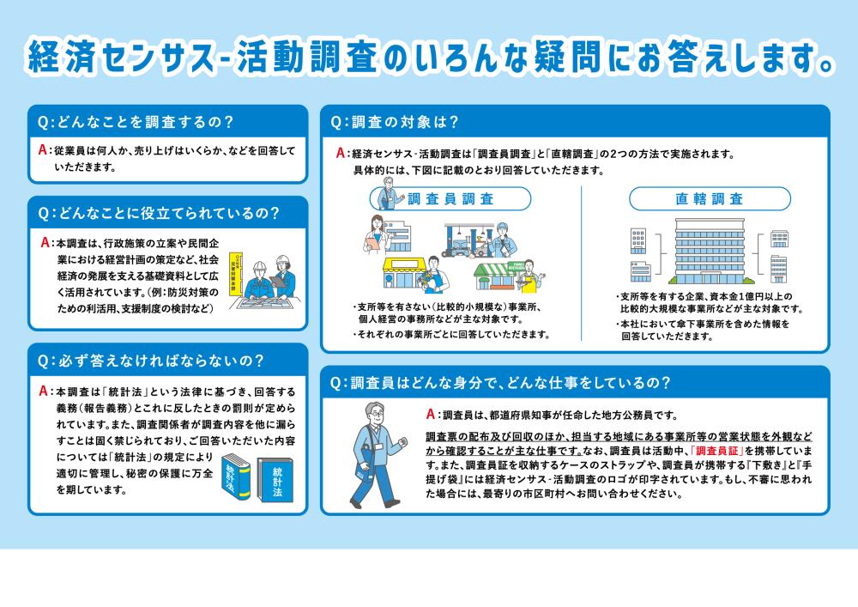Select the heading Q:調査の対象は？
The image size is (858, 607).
coord(395,121)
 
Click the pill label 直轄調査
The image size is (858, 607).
coord(708,199)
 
